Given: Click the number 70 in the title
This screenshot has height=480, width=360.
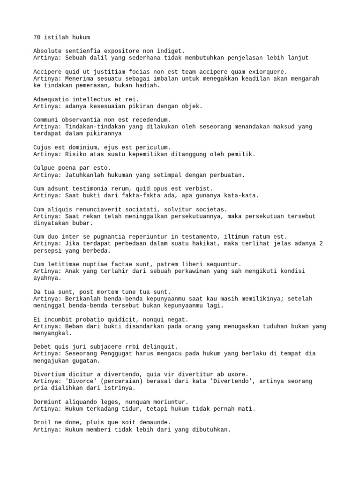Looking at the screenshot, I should pyautogui.click(x=37, y=37).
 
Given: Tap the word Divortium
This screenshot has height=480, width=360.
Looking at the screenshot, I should pyautogui.click(x=51, y=374).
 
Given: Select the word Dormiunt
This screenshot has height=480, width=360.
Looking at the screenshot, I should pyautogui.click(x=49, y=402).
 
